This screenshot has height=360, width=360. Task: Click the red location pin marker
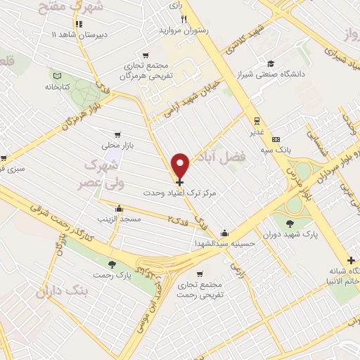[x=181, y=165]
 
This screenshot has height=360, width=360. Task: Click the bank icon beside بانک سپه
[x=276, y=139]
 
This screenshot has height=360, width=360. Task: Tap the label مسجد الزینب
[x=120, y=219]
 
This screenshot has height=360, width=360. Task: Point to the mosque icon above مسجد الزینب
[x=119, y=208]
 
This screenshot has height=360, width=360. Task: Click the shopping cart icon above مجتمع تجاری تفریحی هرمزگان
[x=145, y=55]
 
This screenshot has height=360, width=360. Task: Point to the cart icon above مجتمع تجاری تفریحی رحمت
[x=200, y=273]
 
